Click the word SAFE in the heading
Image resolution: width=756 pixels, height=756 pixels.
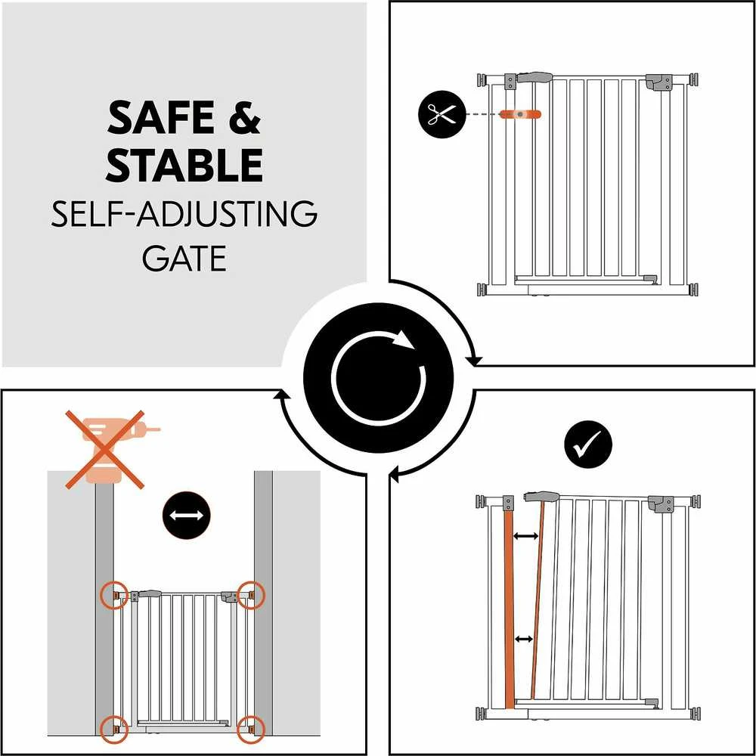[x=160, y=118]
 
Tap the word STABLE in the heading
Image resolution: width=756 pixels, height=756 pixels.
[x=185, y=166]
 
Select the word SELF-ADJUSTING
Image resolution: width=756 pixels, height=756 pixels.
[x=184, y=215]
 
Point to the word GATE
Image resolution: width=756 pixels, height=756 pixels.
[x=184, y=259]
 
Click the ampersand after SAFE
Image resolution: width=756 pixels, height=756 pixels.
[x=244, y=118]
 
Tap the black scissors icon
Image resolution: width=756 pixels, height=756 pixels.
[x=442, y=114]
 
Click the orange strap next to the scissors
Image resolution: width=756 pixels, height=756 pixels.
[x=520, y=114]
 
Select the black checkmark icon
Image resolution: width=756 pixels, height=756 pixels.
[x=587, y=444]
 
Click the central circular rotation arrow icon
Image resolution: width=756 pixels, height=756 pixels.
[x=379, y=377]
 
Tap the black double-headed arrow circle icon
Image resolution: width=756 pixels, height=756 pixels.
[x=186, y=516]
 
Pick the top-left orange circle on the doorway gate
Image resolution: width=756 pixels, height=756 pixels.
[x=114, y=596]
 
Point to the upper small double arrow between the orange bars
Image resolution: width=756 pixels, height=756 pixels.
[x=526, y=536]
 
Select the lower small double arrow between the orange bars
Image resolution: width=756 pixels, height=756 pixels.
[x=524, y=640]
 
